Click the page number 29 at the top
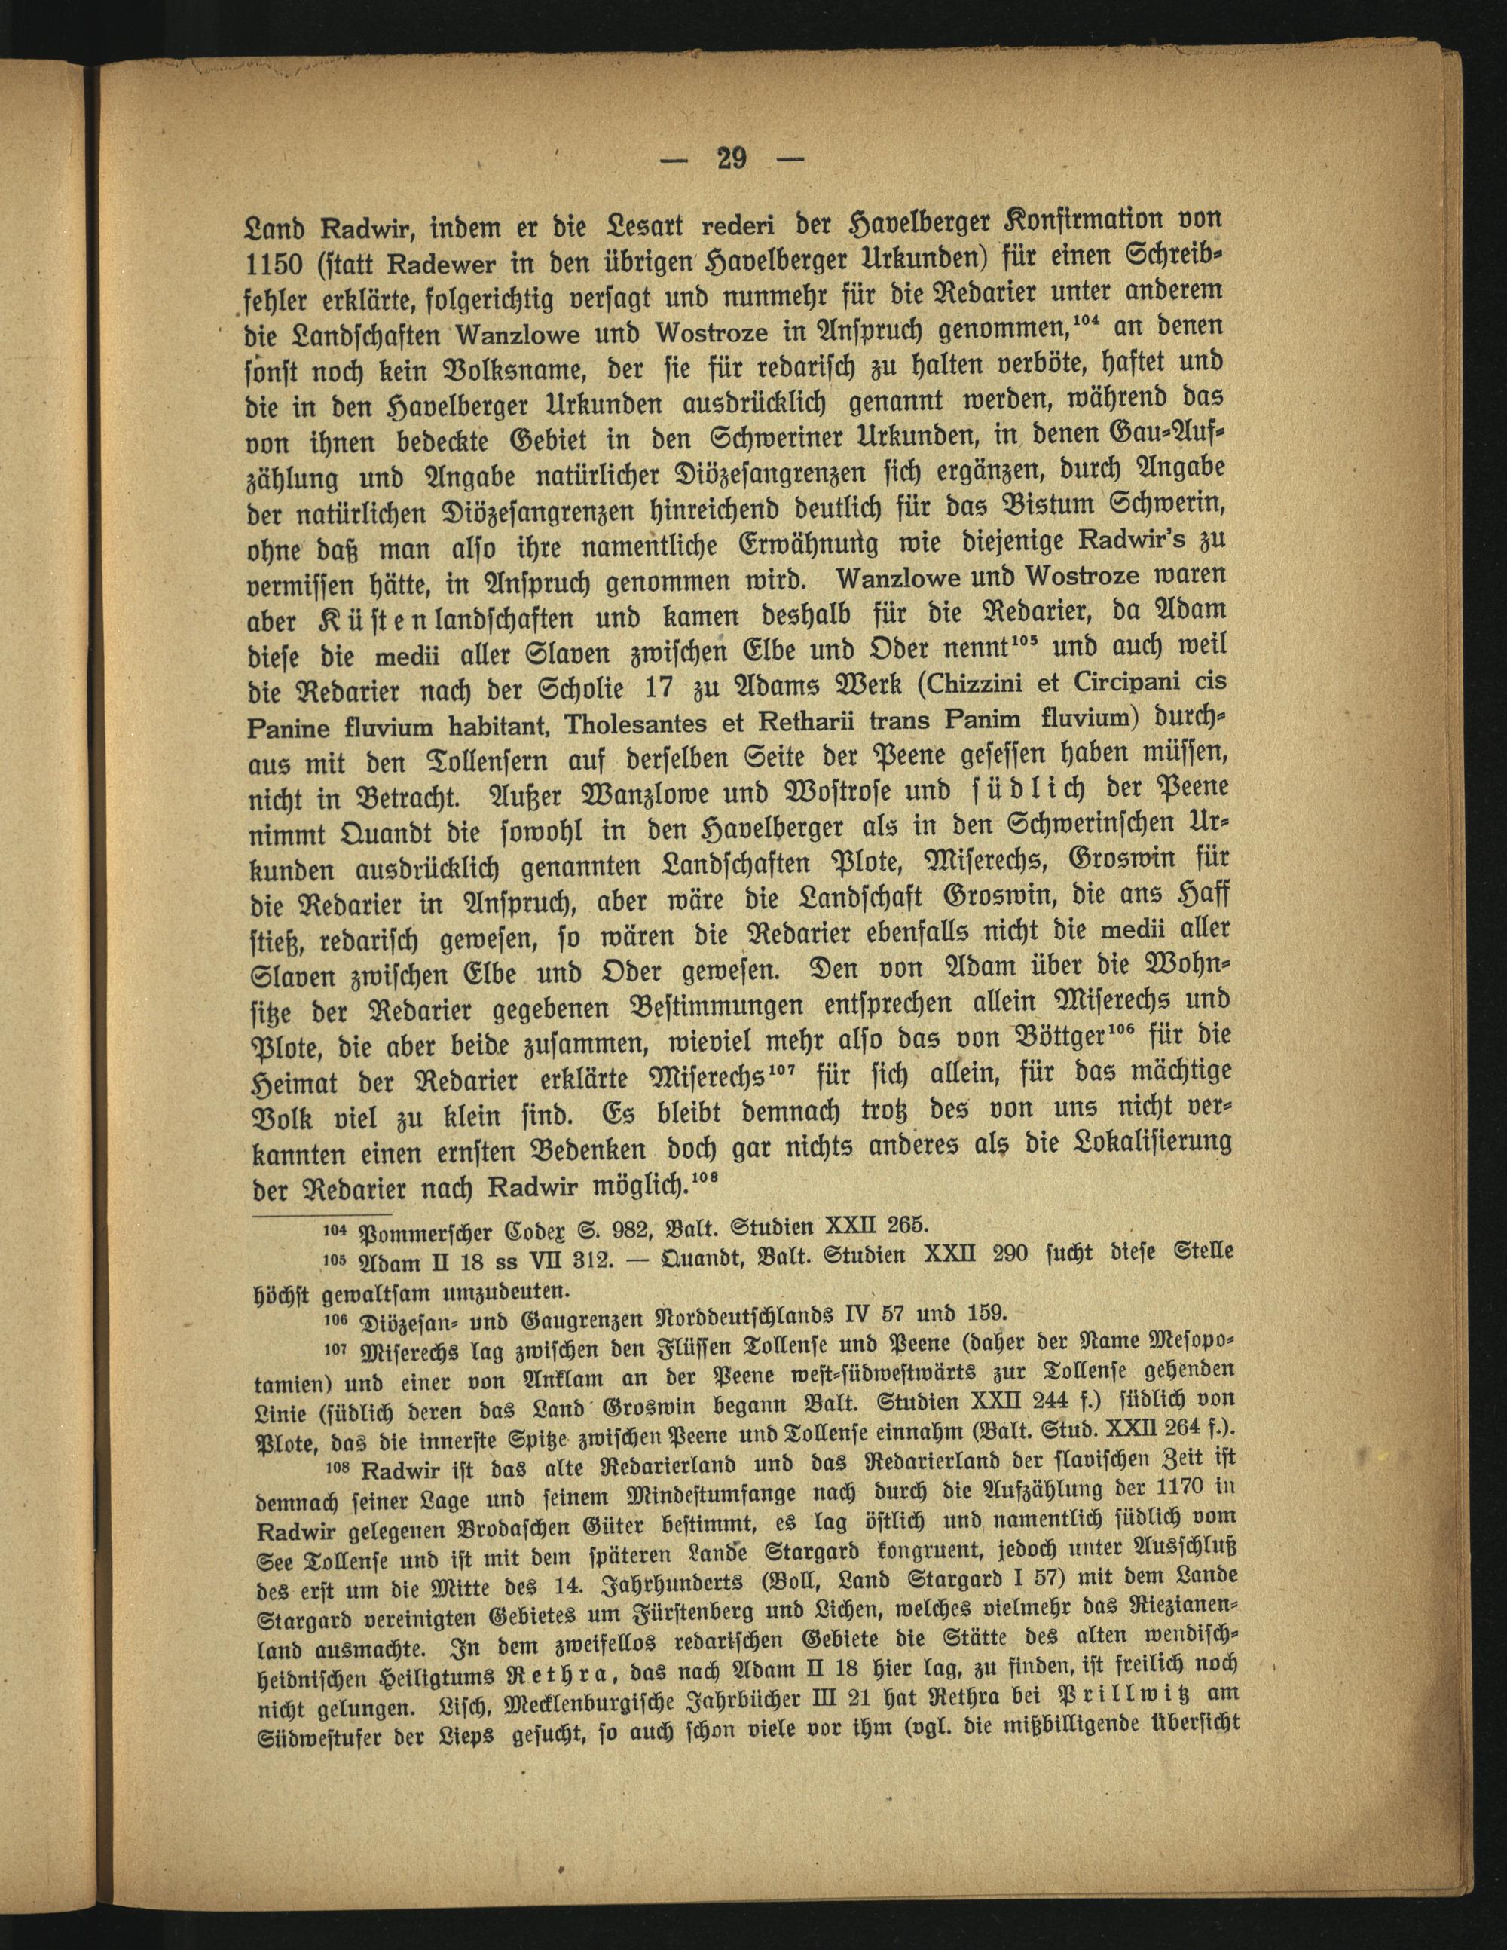point(730,159)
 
